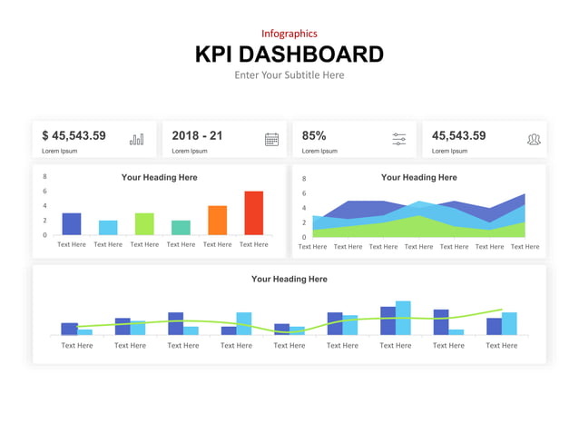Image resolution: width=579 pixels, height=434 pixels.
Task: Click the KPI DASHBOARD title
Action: pos(289,54)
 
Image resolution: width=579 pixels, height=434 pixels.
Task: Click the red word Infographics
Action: pos(289,34)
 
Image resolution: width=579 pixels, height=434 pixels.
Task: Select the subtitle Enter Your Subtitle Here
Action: pos(289,75)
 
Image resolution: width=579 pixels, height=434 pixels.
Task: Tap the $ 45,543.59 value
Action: pos(74,136)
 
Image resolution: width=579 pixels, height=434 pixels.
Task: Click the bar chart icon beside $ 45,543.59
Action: pos(136,139)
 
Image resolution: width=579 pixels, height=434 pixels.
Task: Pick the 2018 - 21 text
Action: pos(197,136)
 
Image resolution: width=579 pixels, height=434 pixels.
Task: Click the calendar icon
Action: pos(271,139)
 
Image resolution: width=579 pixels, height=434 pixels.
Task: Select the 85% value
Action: pos(313,136)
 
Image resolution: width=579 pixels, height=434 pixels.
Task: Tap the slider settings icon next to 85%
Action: pos(399,139)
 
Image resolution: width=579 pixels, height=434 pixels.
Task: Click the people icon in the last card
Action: pos(534,139)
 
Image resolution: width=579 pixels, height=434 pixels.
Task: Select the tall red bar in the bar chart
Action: pos(253,213)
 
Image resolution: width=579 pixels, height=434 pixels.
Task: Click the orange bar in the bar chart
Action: pos(217,221)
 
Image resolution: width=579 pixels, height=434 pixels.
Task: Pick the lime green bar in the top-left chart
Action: pos(144,224)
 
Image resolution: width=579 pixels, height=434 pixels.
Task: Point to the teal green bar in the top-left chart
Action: pos(181,228)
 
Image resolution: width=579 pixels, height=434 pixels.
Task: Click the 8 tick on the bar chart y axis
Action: pos(44,177)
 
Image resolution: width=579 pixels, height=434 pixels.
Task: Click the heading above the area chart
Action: pos(418,178)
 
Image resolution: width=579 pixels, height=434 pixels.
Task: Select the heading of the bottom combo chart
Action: pos(289,280)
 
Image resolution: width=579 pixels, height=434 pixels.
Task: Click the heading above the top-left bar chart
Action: pos(159,178)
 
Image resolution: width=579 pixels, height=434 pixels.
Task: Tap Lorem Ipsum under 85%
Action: pos(319,151)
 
